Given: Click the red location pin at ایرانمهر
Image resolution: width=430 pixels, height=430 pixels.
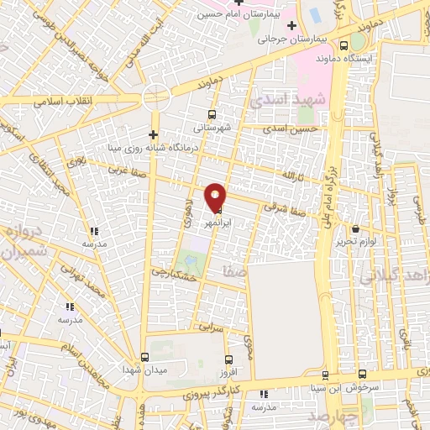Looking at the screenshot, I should tap(216, 196).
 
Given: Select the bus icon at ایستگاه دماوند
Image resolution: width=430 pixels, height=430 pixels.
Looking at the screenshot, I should tap(343, 46).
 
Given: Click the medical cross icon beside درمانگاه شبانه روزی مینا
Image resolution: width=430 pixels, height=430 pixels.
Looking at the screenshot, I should tap(152, 134).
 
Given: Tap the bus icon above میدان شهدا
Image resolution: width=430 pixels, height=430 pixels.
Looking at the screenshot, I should tap(144, 357).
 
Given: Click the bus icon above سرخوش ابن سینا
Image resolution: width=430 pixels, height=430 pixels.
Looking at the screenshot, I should tap(362, 375).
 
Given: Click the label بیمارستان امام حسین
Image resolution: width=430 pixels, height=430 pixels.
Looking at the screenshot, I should tap(238, 14).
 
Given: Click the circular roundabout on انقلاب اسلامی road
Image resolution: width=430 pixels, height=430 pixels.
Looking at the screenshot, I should tap(157, 98).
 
